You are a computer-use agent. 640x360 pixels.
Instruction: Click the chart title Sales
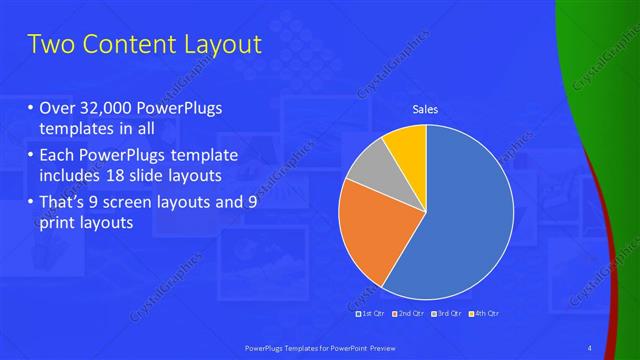tap(426, 109)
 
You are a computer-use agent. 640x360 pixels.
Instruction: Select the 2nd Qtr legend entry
tap(409, 313)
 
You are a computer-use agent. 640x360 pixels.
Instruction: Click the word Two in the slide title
tap(50, 45)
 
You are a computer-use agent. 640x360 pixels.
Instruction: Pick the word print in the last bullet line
tap(59, 223)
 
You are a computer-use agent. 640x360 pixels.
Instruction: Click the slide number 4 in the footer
tap(590, 347)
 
